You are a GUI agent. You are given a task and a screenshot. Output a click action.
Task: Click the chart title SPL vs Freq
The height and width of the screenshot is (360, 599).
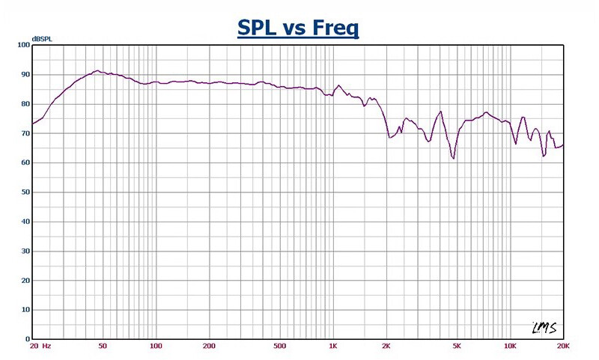click(x=299, y=28)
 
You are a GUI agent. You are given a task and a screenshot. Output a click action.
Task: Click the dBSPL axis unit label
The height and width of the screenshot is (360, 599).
click(x=41, y=38)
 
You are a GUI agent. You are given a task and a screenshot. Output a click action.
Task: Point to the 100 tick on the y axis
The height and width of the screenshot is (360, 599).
click(x=22, y=46)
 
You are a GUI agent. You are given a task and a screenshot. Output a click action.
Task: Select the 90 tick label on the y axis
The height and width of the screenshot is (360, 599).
click(x=24, y=75)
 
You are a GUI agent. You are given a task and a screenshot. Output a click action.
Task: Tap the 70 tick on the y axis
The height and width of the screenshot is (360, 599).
click(x=24, y=133)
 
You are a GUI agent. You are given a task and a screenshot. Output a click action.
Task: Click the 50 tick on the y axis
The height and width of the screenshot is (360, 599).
click(x=24, y=192)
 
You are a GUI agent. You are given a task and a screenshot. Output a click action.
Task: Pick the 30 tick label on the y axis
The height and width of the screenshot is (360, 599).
click(x=24, y=251)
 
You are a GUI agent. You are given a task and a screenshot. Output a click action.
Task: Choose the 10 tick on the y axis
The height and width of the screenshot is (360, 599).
click(x=24, y=309)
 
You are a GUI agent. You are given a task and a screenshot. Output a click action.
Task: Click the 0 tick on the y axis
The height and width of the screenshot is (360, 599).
click(x=26, y=338)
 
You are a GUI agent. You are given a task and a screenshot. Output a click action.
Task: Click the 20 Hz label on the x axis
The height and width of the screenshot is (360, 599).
click(x=40, y=347)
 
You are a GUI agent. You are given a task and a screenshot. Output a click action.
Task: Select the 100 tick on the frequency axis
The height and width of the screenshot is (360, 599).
click(x=156, y=347)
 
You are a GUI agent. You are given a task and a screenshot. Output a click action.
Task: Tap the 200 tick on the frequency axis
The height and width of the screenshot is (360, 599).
click(x=209, y=347)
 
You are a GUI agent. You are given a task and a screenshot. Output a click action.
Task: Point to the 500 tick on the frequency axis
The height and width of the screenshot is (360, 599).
click(x=279, y=347)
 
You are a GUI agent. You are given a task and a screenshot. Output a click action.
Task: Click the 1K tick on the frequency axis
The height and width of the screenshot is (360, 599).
click(x=333, y=347)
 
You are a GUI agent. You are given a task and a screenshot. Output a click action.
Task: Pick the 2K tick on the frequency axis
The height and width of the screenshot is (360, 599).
click(x=386, y=347)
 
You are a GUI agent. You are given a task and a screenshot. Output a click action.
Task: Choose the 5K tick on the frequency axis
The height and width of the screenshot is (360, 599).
click(x=457, y=347)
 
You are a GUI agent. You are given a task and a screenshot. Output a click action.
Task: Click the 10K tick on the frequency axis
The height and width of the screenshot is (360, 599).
click(x=510, y=347)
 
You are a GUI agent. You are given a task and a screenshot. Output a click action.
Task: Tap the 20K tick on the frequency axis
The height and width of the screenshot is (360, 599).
click(x=562, y=347)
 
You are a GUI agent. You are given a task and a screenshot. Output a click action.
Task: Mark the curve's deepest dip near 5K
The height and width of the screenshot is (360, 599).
click(x=453, y=158)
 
